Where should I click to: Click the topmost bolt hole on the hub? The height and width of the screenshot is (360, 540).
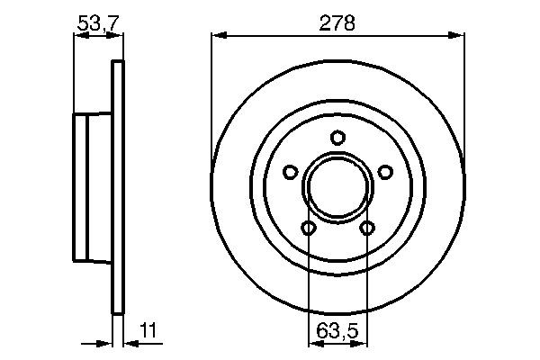coord(337,138)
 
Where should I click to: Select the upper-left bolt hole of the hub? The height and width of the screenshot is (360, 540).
coord(290,172)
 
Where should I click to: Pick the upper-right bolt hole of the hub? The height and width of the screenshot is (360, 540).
coord(385,172)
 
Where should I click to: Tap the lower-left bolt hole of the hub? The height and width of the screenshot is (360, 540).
coord(309,229)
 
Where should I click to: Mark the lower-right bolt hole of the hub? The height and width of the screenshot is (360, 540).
coord(367,229)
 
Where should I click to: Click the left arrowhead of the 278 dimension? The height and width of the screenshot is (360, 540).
coord(217,35)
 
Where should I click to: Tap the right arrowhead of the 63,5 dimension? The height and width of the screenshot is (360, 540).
coord(362,343)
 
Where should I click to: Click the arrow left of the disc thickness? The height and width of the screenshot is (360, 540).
coord(103,343)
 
